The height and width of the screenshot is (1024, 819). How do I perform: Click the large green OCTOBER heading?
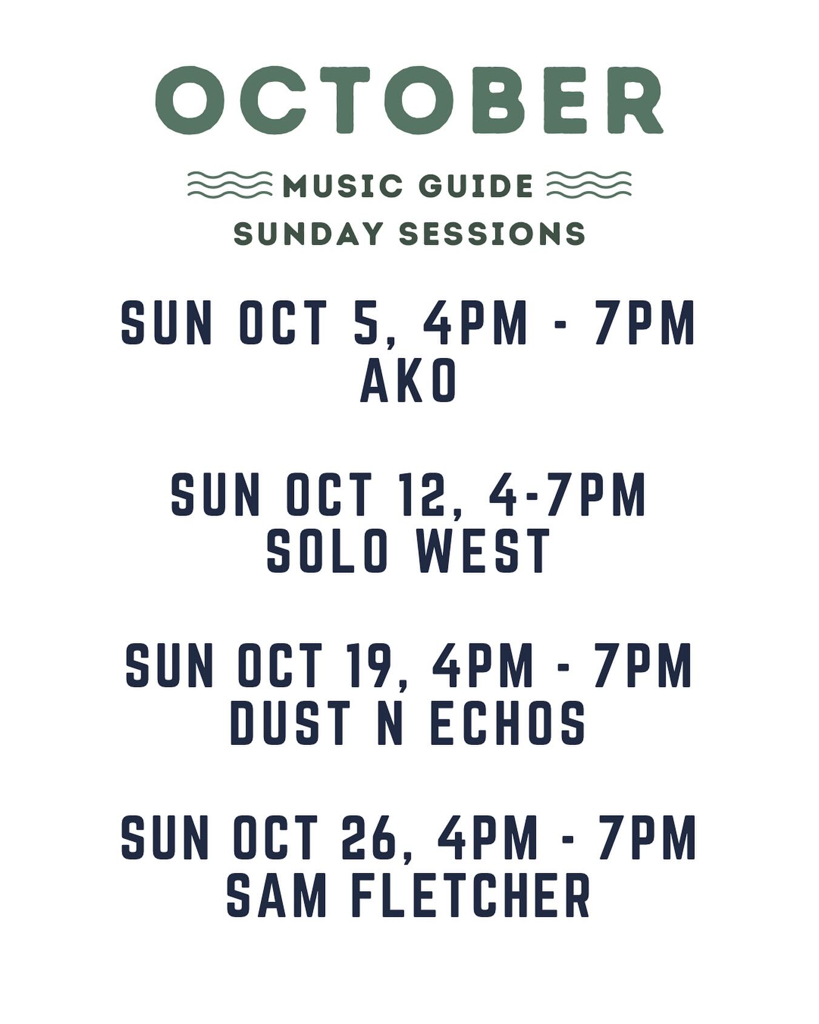[409, 100]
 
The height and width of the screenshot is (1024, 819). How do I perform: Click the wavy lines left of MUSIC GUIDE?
[229, 184]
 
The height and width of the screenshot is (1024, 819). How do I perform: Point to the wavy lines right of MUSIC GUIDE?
[588, 184]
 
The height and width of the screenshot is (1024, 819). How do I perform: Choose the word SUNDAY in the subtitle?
[309, 234]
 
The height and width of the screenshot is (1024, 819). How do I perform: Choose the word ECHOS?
[508, 723]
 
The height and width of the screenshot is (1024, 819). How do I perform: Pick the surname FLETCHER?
[471, 895]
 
